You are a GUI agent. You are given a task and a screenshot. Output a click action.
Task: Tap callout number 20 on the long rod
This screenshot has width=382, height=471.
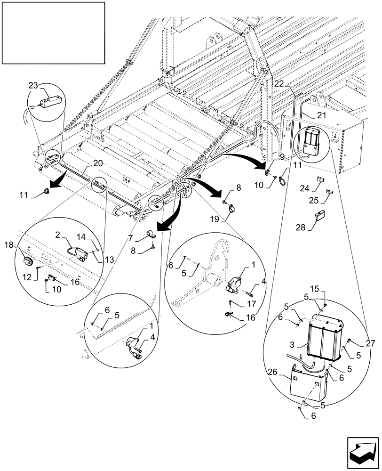point(97,163)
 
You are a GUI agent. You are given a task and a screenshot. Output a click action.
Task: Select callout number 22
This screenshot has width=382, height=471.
point(279,84)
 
